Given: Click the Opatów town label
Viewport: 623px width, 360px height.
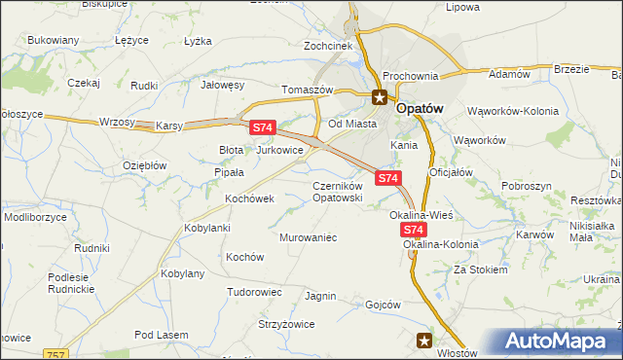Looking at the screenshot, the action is [419, 110].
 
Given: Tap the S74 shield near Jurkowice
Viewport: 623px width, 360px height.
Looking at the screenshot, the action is [263, 127].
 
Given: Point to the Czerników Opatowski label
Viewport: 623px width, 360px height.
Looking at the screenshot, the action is [338, 192].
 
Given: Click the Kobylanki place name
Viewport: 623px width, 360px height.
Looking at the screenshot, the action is [206, 228].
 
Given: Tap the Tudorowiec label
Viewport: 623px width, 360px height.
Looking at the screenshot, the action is [254, 292].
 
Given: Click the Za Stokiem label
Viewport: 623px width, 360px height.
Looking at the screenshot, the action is [480, 270].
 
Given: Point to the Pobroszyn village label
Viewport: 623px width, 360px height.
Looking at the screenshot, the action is [527, 185].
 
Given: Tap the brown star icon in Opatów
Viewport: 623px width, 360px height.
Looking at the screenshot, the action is [380, 96].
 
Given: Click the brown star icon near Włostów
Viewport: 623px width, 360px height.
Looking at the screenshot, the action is [424, 340].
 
